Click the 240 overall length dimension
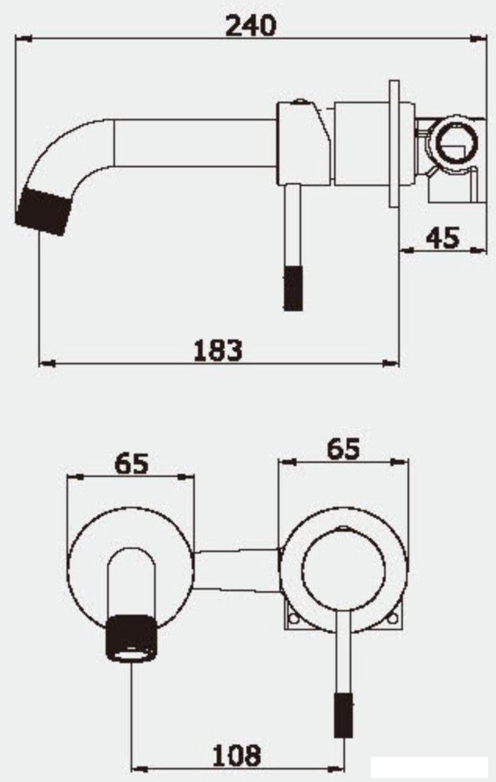pos(250,25)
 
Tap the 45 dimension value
pos(442,236)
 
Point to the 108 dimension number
pos(236,755)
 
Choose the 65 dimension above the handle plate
pos(343,449)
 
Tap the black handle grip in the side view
pos(292,289)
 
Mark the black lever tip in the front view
pos(341,714)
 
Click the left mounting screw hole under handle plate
pos(294,617)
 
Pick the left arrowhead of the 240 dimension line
pos(23,37)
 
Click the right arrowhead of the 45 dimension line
pos(476,249)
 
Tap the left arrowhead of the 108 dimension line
pos(137,768)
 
